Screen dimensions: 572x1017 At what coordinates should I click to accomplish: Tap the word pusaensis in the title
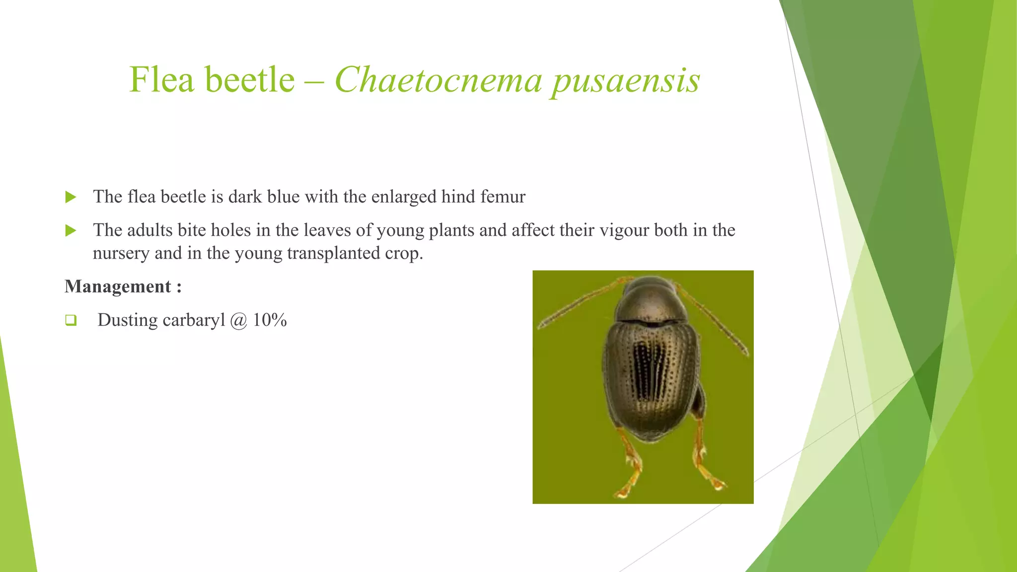[x=626, y=80]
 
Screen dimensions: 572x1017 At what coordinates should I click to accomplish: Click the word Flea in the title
[x=161, y=80]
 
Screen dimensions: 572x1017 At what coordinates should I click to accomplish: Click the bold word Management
[x=118, y=286]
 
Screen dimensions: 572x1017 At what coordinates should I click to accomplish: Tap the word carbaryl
[x=194, y=320]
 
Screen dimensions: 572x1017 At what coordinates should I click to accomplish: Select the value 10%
[x=270, y=320]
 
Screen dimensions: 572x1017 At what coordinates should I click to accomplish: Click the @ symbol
[x=239, y=320]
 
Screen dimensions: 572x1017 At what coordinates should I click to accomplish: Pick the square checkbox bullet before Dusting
[x=71, y=320]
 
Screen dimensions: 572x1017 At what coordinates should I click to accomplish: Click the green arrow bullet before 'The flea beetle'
[x=71, y=197]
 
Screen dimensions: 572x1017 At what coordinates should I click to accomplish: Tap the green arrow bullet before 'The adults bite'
[x=71, y=230]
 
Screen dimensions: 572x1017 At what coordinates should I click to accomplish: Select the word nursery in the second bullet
[x=121, y=253]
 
